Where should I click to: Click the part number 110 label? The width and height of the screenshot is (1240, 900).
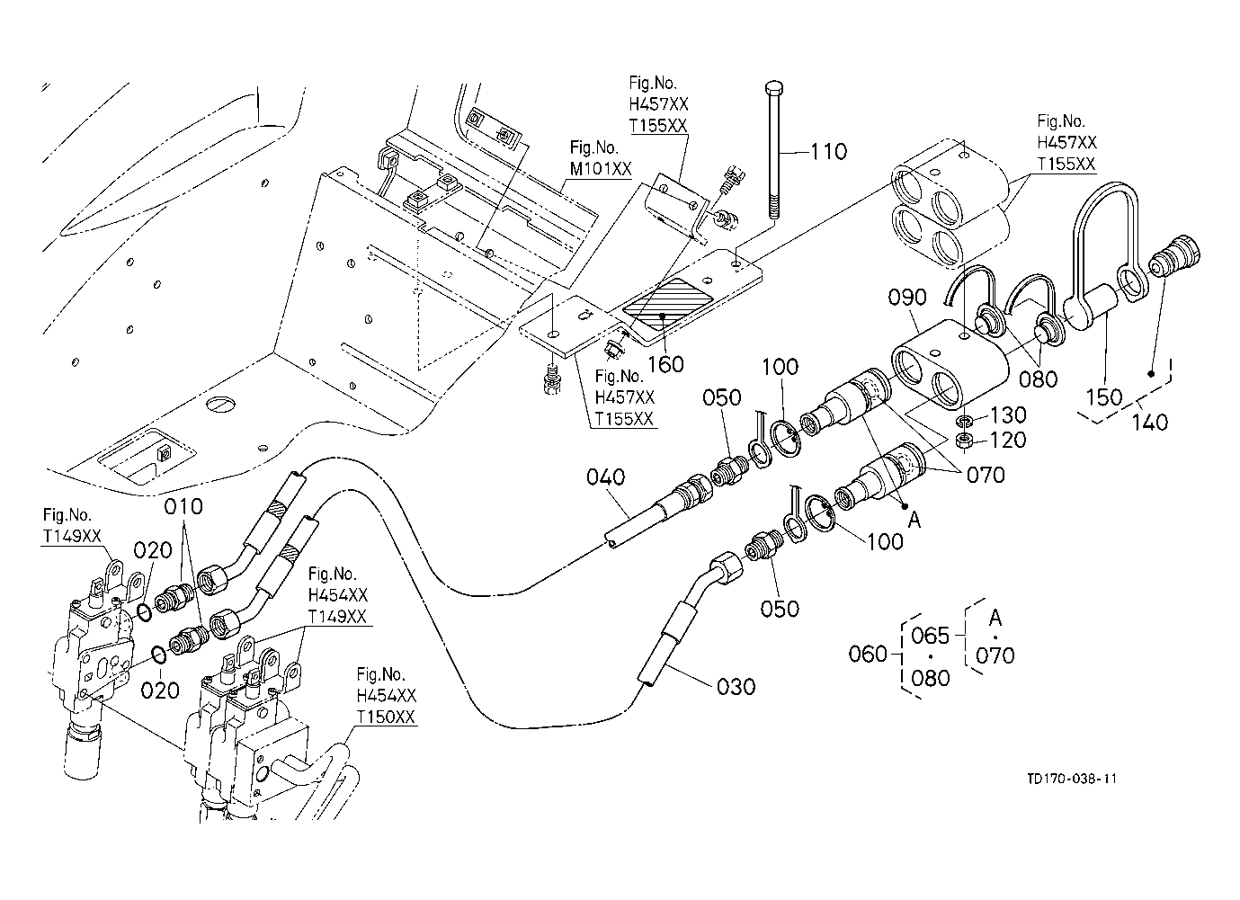pos(829,152)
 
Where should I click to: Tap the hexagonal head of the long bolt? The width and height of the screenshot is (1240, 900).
pos(773,88)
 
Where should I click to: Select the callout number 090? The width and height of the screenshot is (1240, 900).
pos(907,298)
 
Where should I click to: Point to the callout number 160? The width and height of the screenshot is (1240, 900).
pos(666,364)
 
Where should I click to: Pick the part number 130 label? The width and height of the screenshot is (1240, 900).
pos(1008,414)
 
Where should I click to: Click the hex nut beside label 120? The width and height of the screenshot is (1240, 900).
pos(965,441)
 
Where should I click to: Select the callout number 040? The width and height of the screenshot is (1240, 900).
pos(605,477)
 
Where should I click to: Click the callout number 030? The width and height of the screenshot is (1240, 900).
pos(736,687)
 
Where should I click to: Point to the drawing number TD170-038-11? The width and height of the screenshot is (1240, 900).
pos(1072,779)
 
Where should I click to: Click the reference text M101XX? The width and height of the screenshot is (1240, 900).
pos(601,169)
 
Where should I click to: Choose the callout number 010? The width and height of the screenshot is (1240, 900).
pos(183,506)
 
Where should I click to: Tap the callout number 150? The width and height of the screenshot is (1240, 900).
pos(1104,397)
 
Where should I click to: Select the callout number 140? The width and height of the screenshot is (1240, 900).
pos(1150,423)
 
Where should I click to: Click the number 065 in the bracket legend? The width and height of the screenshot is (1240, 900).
pos(930,636)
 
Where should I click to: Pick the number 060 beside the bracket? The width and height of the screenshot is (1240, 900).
pos(868,655)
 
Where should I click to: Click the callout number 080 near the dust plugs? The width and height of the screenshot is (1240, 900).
pos(1038,379)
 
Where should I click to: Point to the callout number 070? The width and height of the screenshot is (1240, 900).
pos(986,475)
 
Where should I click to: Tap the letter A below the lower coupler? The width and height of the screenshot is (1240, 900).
pos(914,520)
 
